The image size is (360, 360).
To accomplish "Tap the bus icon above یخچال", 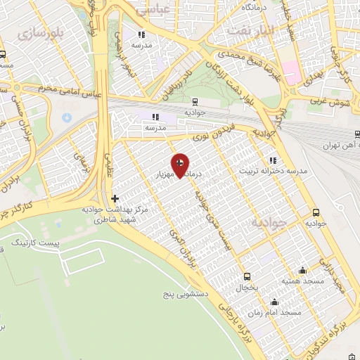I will click(247, 276).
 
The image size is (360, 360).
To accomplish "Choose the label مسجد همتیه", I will click(301, 281).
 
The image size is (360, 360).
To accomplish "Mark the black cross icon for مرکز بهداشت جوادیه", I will click(115, 199).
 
